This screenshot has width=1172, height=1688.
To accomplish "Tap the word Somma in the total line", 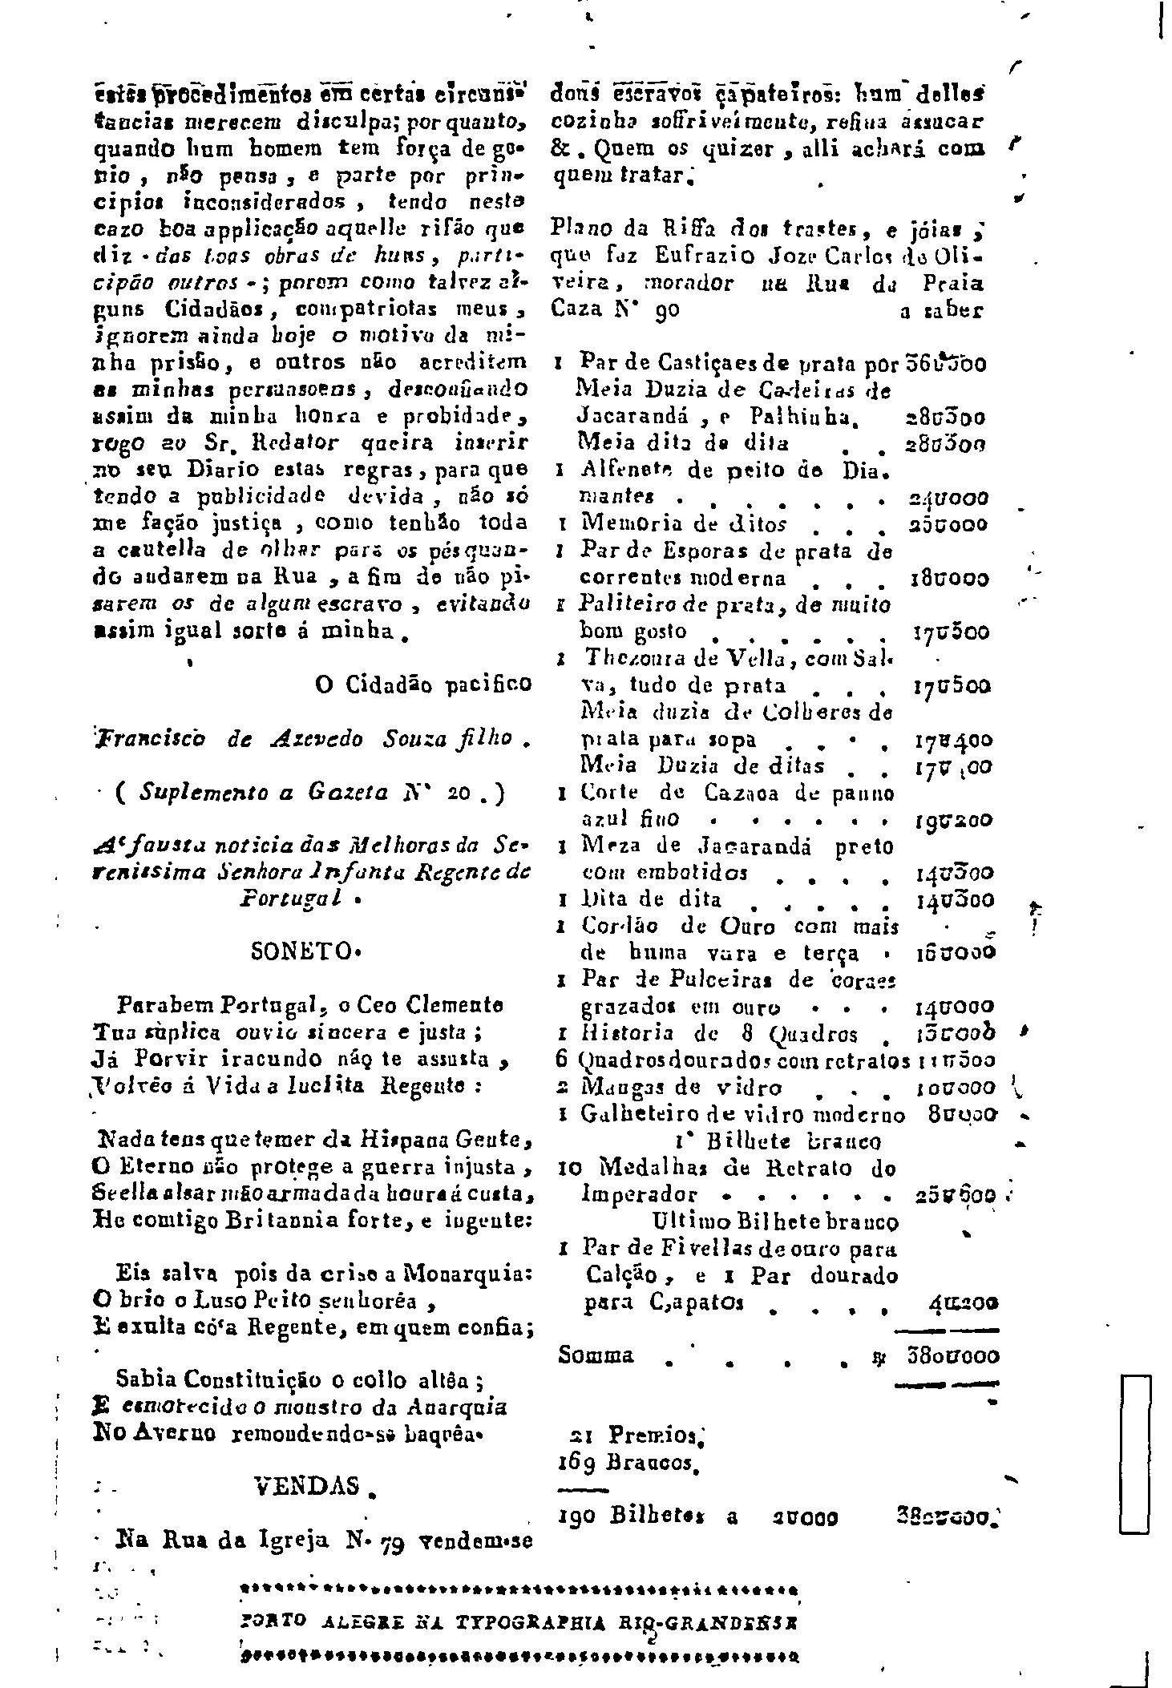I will coord(596,1355).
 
